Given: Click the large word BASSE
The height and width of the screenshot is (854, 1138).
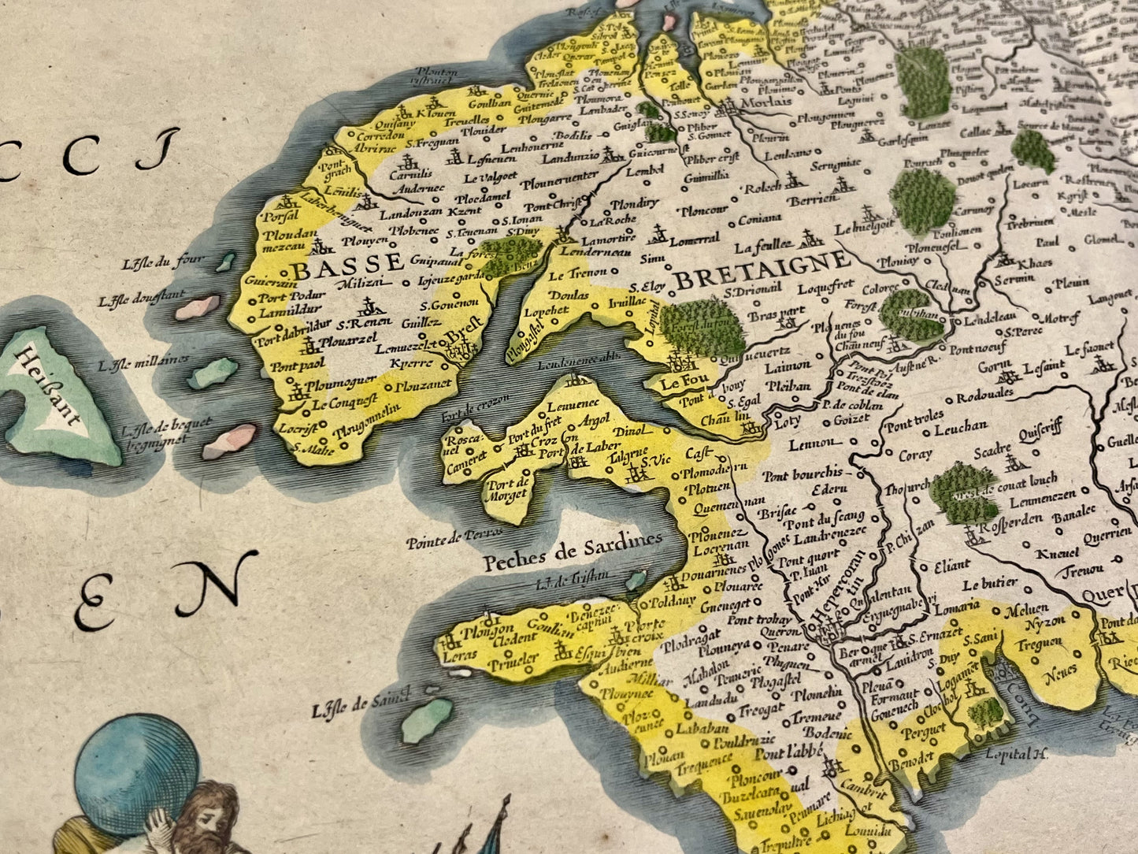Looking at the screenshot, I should click(339, 267).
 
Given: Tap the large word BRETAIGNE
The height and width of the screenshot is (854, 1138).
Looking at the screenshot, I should click(762, 269).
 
